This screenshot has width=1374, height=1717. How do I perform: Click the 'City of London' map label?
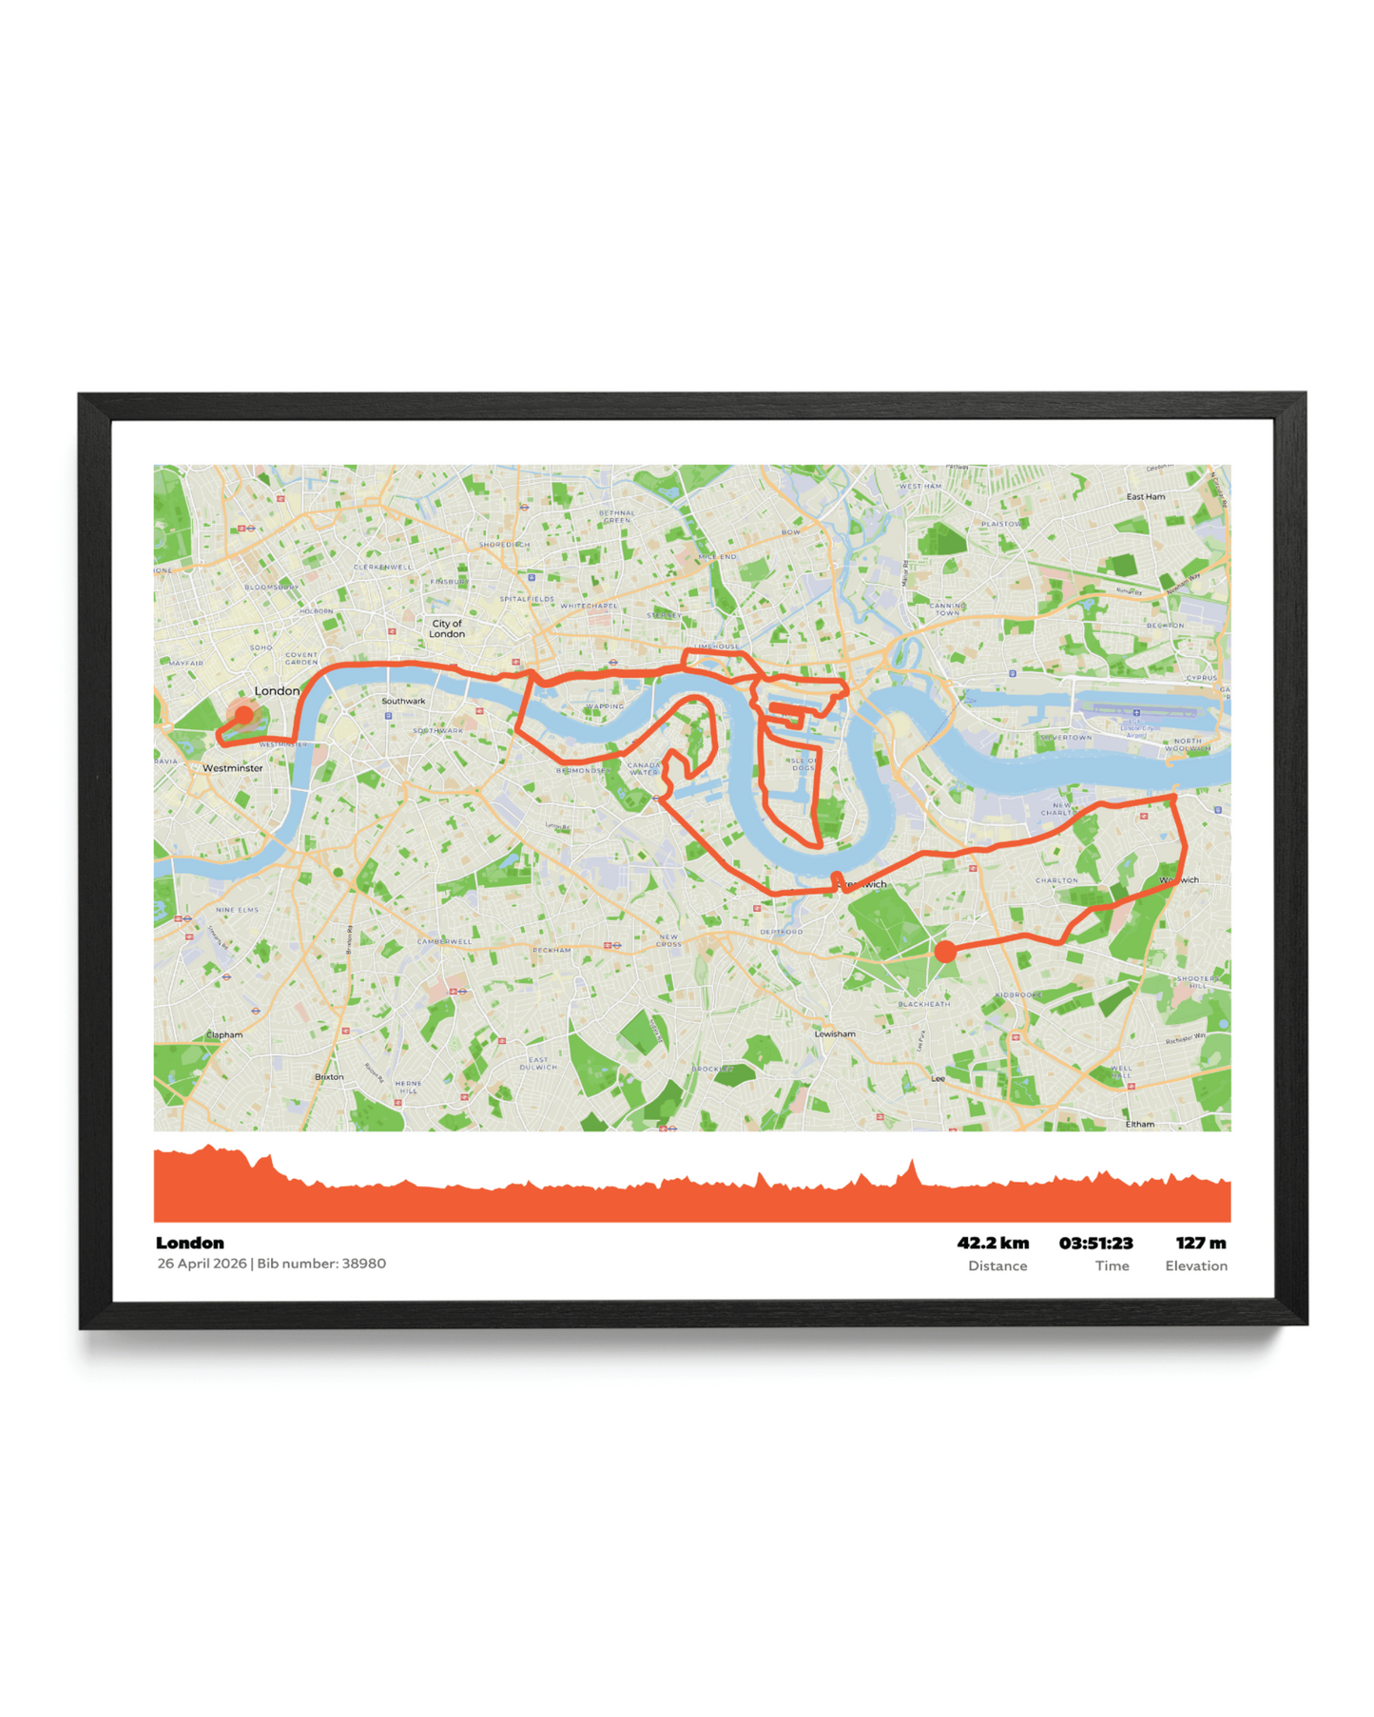[x=447, y=628]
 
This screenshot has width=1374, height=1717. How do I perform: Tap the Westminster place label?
[x=233, y=767]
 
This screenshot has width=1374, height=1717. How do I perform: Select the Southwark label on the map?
[x=403, y=701]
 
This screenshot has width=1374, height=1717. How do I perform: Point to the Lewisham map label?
[x=835, y=1033]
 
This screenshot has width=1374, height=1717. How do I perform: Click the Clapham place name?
[x=224, y=1034]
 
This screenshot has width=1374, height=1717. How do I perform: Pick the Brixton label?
[x=329, y=1076]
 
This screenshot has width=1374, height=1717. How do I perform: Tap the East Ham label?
[x=1145, y=496]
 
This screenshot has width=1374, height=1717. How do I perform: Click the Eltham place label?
[x=1139, y=1124]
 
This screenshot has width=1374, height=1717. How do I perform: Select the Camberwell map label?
[x=444, y=941]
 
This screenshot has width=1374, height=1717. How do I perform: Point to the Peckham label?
[x=552, y=950]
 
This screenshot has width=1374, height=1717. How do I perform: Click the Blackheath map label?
[x=923, y=1004]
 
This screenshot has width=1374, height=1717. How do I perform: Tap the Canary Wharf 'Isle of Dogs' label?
[x=802, y=763]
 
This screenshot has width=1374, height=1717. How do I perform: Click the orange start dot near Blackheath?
[x=944, y=951]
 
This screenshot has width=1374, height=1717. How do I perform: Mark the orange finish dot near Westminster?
[x=244, y=714]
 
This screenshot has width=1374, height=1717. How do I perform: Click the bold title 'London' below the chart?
[x=190, y=1243]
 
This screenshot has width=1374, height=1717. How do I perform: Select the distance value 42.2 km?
[x=993, y=1243]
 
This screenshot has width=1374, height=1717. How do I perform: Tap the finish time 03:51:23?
[x=1095, y=1243]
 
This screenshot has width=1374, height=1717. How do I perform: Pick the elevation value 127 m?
[x=1200, y=1243]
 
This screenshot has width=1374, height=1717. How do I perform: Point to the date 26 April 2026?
[x=202, y=1264]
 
